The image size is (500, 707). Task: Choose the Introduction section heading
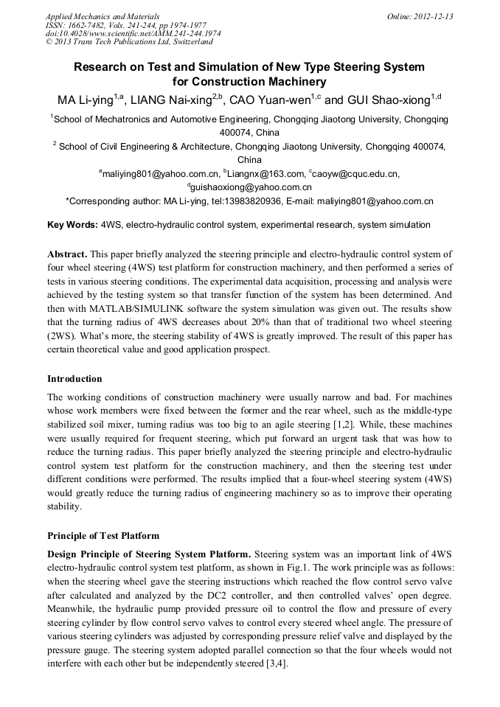click(x=75, y=379)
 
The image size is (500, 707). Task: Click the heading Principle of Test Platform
click(x=103, y=535)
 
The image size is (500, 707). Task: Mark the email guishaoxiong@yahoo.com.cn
click(x=251, y=187)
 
